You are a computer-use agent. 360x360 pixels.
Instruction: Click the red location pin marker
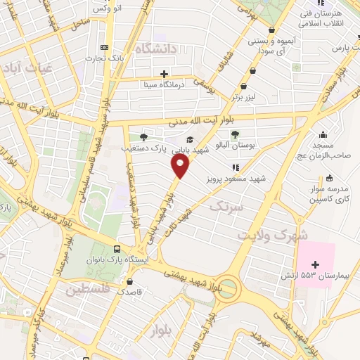181,167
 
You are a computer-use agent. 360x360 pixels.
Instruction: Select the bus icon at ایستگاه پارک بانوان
117,248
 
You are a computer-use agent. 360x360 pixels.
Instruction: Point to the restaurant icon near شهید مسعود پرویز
236,167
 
